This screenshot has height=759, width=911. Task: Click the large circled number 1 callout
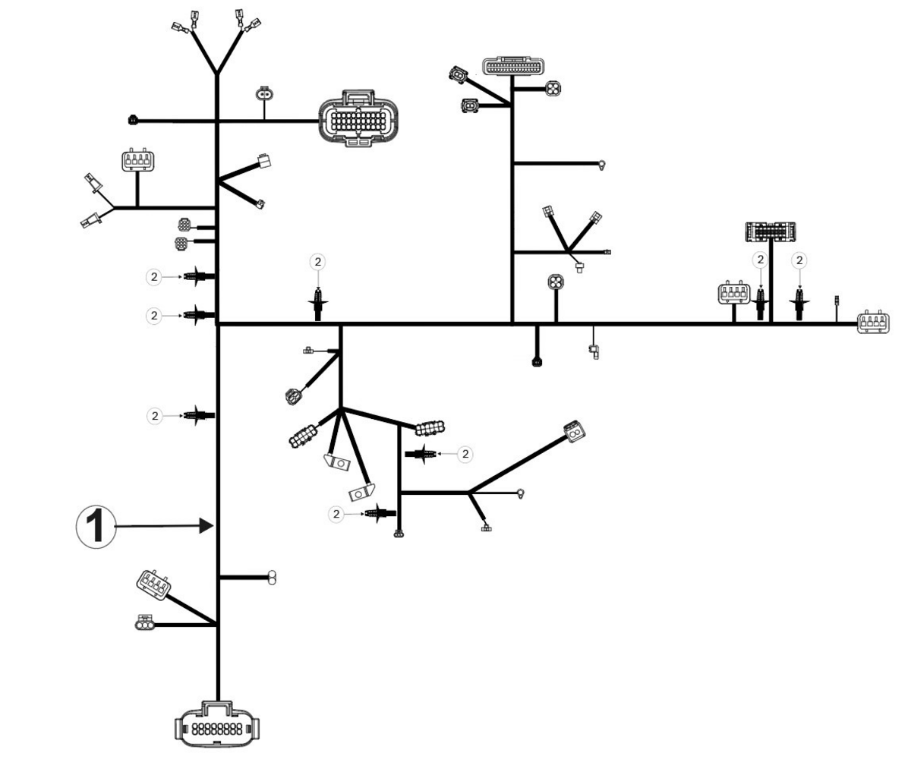[96, 527]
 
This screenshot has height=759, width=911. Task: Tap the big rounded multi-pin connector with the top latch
[358, 118]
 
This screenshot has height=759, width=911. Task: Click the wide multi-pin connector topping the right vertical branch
[513, 66]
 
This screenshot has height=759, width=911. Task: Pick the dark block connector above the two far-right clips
[771, 231]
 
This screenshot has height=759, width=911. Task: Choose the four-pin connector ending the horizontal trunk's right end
[873, 323]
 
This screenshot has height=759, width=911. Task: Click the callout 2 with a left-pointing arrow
[465, 454]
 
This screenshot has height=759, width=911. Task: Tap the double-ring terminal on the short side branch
[272, 578]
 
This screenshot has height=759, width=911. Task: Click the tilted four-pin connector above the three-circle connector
[153, 585]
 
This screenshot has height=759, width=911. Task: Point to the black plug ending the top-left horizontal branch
[133, 119]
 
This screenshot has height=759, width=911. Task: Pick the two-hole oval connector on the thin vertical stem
[264, 94]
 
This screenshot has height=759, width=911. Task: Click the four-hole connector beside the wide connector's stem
[553, 89]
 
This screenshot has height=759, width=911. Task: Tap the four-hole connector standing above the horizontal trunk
[556, 282]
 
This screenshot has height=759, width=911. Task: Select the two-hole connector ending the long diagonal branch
[574, 431]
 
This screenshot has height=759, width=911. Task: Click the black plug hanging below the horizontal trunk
[537, 361]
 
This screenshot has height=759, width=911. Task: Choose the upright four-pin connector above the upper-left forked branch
[138, 160]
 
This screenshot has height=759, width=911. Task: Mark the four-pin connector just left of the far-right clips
[734, 293]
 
